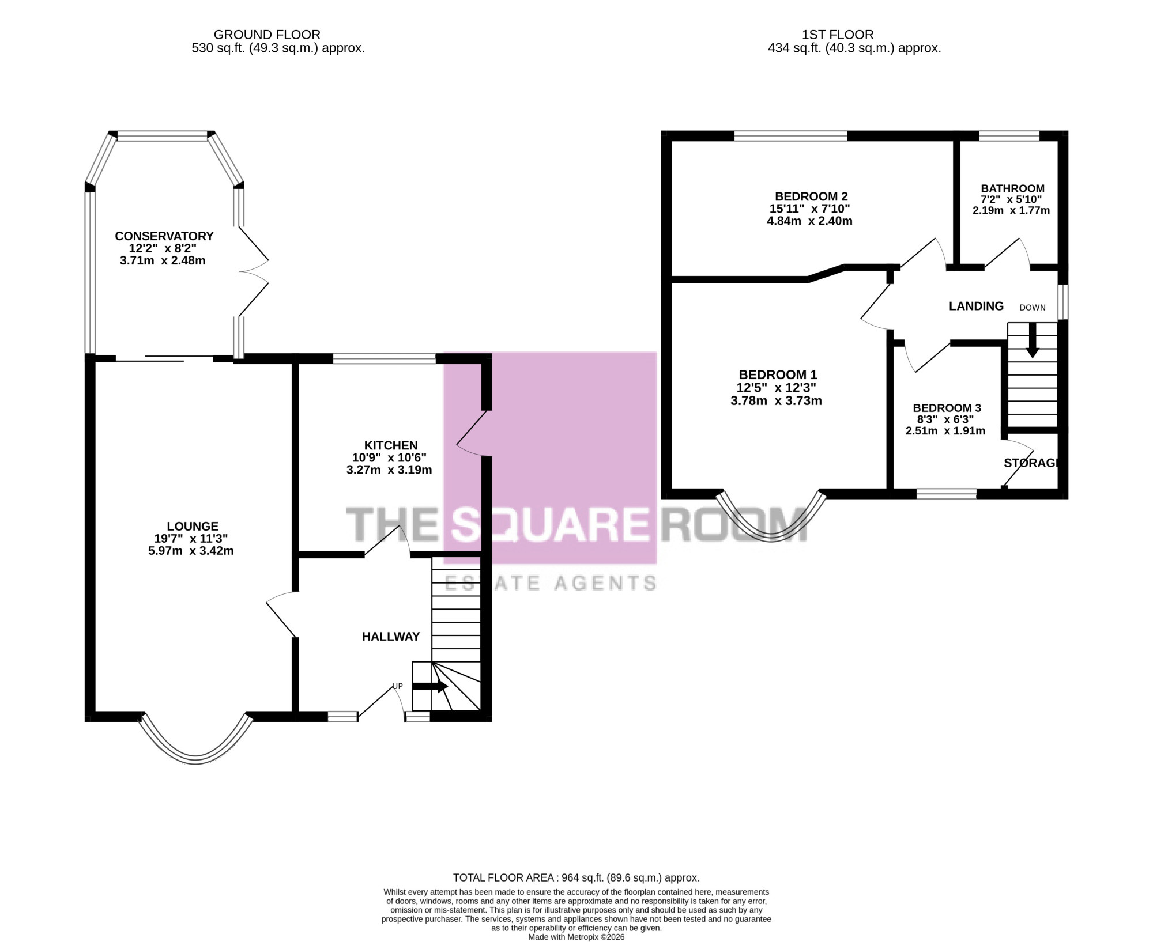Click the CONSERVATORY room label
click(164, 236)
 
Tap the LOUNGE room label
click(193, 526)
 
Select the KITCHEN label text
click(391, 445)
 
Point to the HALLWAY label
click(391, 637)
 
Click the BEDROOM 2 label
click(811, 196)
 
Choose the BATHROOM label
click(1013, 188)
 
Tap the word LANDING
click(976, 306)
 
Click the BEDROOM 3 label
click(947, 408)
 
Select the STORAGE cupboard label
click(1031, 463)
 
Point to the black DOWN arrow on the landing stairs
click(1033, 341)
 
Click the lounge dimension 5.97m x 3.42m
click(191, 551)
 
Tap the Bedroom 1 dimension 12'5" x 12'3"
click(777, 388)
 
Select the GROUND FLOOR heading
click(267, 35)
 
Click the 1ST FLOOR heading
click(838, 35)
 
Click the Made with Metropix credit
click(576, 937)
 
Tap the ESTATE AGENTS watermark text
click(551, 583)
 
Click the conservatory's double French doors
click(254, 271)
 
